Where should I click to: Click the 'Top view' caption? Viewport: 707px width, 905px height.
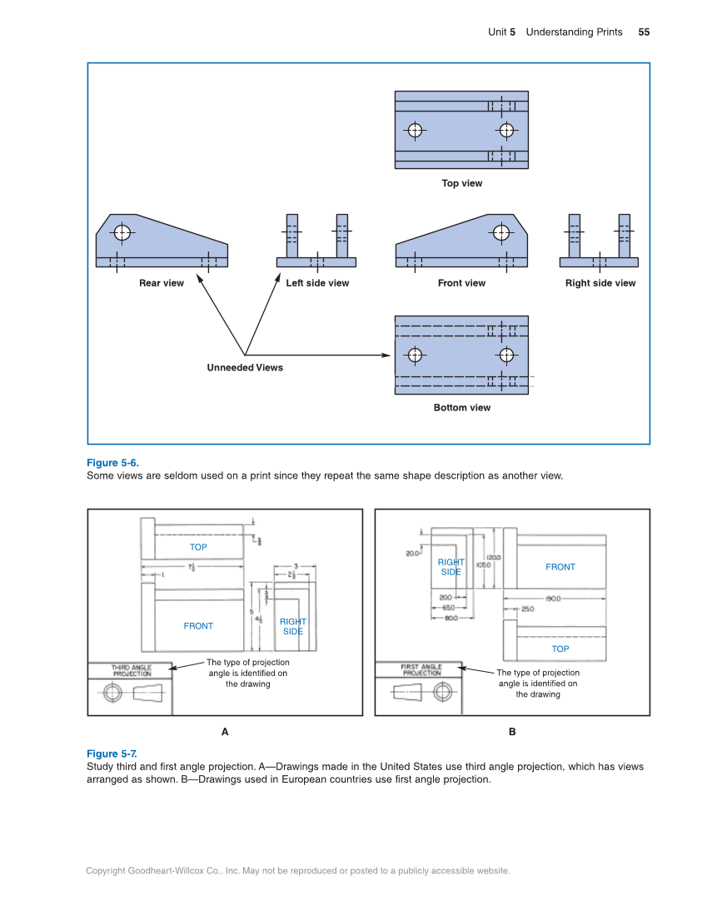click(461, 183)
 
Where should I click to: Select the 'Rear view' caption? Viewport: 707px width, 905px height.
click(162, 283)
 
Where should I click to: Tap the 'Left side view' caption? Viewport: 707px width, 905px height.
click(317, 283)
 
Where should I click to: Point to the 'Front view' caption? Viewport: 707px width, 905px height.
click(461, 283)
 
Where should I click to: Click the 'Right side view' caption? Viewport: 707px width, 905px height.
click(600, 283)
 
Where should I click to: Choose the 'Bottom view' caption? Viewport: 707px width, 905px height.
click(461, 408)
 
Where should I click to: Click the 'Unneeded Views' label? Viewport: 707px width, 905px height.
click(245, 368)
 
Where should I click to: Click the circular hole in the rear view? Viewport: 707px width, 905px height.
click(122, 232)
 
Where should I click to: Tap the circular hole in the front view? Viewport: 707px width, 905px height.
click(500, 232)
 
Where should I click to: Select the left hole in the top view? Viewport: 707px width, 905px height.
click(415, 131)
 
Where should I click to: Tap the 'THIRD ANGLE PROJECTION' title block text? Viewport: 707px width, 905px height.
click(132, 670)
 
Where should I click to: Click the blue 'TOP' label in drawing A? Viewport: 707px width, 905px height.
click(198, 547)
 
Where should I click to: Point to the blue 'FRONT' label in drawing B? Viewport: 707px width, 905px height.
click(560, 567)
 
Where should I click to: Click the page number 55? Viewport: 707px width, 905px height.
click(644, 32)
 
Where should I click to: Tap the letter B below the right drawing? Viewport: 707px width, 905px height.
click(512, 732)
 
